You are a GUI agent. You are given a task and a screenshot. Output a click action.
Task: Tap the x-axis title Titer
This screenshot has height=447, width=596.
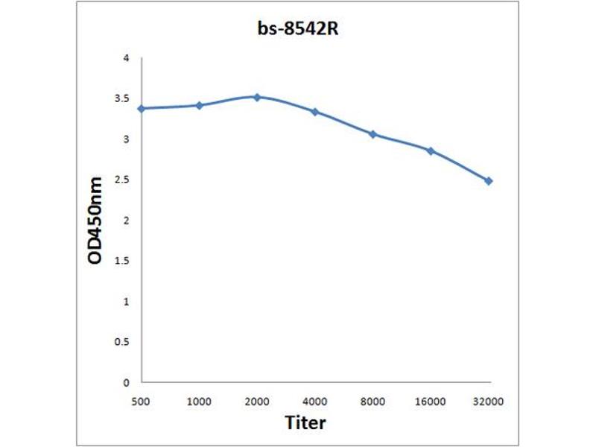[305, 423]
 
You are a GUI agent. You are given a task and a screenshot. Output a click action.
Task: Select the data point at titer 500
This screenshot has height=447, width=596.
[142, 109]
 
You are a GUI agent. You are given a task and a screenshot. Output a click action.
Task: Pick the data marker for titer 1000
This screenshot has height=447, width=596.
[199, 105]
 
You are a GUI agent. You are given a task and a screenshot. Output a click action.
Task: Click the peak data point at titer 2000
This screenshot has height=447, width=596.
[257, 97]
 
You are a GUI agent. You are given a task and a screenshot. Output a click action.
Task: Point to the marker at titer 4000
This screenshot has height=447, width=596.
[314, 112]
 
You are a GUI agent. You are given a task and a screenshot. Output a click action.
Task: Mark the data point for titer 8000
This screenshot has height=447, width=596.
[372, 134]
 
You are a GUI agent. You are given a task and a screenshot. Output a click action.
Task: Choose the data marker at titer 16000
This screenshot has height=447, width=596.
[431, 150]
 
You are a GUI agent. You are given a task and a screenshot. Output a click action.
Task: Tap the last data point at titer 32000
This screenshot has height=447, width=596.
[489, 181]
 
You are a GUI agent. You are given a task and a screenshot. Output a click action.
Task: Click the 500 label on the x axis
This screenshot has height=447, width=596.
[142, 400]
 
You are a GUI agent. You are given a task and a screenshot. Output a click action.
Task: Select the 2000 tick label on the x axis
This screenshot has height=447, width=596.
[257, 400]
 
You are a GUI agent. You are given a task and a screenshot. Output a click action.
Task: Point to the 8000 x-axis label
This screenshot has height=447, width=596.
[372, 400]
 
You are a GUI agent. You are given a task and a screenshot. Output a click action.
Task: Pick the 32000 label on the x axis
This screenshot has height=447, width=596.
[489, 400]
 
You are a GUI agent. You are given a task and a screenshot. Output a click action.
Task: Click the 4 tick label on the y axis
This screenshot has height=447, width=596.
[126, 58]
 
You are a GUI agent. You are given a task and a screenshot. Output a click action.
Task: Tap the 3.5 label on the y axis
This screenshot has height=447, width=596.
[122, 98]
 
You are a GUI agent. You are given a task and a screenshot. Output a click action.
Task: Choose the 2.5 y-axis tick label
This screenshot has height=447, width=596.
[122, 180]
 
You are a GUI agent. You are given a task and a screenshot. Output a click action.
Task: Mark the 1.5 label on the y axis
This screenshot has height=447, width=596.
[122, 261]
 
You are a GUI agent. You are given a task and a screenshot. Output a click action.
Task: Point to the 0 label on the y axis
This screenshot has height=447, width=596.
[126, 382]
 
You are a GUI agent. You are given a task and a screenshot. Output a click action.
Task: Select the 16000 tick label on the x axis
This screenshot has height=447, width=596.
[431, 400]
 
